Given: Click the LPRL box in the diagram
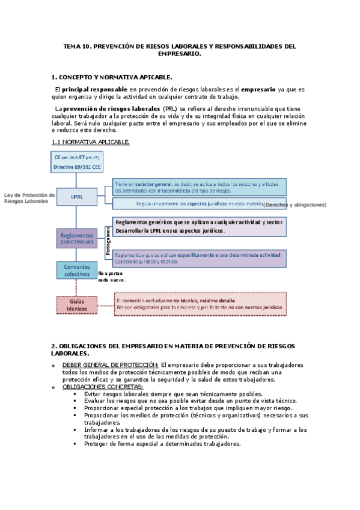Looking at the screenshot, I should click(77, 196).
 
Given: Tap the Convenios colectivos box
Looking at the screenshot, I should click(77, 271).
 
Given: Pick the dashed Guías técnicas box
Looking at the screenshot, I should click(77, 304).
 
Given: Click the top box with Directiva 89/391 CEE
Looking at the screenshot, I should click(76, 162).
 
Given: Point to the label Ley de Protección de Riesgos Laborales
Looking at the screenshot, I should click(29, 198).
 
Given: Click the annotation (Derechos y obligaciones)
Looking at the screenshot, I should click(295, 204).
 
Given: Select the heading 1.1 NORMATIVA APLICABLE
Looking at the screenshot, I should click(90, 142).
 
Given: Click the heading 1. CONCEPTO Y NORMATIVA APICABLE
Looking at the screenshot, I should click(112, 77).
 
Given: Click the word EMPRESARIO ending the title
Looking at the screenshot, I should click(179, 53).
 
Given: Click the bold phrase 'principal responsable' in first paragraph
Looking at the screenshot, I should click(94, 89).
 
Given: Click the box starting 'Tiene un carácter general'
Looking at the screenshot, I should click(199, 186).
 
